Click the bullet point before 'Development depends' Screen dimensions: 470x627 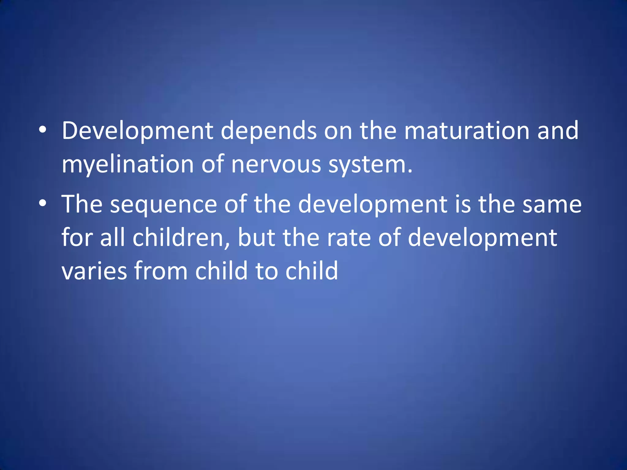(x=43, y=130)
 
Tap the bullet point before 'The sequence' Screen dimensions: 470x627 (x=43, y=203)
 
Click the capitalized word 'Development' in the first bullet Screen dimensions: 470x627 (x=137, y=131)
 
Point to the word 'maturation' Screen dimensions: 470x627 (x=467, y=131)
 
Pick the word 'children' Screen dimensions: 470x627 (x=181, y=238)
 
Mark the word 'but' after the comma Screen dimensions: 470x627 (x=257, y=238)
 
